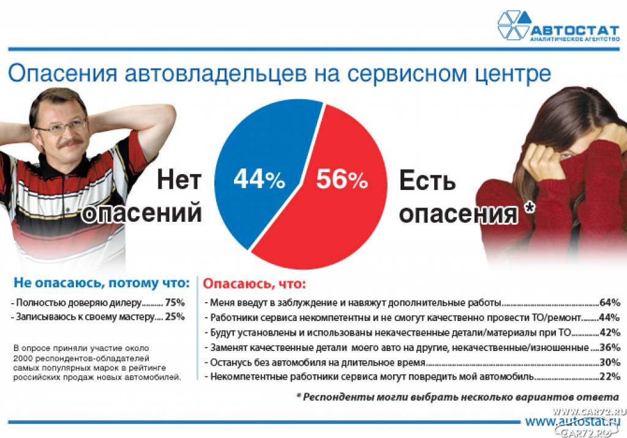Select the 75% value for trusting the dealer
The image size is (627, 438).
pyautogui.click(x=175, y=303)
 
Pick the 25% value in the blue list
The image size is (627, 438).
pyautogui.click(x=175, y=317)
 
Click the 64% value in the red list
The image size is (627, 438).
pyautogui.click(x=609, y=303)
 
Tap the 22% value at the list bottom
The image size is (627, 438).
pyautogui.click(x=609, y=376)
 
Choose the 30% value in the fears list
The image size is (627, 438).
pyautogui.click(x=609, y=362)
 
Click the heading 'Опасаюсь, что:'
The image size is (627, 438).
pyautogui.click(x=254, y=284)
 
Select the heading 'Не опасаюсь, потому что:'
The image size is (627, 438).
pyautogui.click(x=102, y=283)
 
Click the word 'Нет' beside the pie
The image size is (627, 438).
pyautogui.click(x=179, y=180)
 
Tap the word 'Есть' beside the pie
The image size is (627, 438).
pyautogui.click(x=427, y=180)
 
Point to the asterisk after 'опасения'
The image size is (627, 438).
pyautogui.click(x=529, y=207)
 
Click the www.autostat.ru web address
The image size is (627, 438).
pyautogui.click(x=573, y=421)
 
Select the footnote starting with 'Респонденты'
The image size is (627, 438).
pyautogui.click(x=458, y=398)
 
